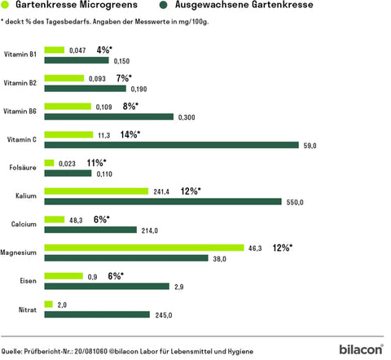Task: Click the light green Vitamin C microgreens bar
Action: point(69,134)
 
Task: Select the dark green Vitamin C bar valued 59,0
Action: point(171,145)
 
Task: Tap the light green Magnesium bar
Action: point(144,247)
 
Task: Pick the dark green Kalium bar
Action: point(163,201)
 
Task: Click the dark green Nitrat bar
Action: point(97,314)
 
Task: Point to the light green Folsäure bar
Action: point(50,163)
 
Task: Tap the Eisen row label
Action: point(26,280)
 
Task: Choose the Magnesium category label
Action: point(20,252)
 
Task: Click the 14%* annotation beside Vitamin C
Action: point(130,134)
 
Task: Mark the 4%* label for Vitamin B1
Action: point(104,50)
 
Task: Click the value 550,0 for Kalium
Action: point(293,201)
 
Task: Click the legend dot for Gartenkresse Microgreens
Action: point(7,6)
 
